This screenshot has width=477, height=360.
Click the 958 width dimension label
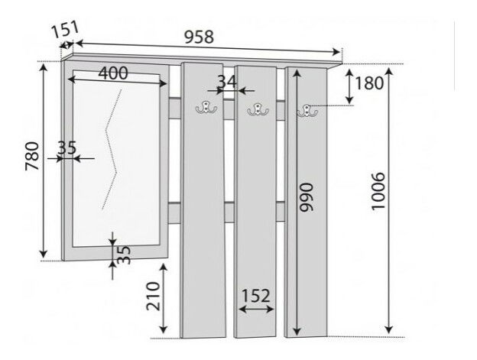click(199, 36)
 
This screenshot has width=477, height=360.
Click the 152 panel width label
click(255, 295)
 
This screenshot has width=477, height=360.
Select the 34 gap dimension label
click(226, 80)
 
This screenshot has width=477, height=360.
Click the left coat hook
click(205, 109)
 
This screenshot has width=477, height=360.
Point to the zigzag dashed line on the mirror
click(113, 149)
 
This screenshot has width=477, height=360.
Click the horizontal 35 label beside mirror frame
click(67, 148)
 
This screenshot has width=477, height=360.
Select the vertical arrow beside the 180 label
click(350, 86)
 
